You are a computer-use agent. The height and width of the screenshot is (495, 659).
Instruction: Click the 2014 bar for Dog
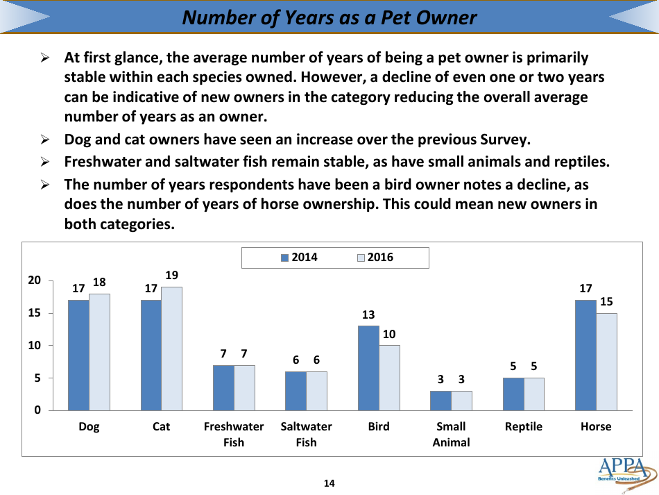tap(78, 355)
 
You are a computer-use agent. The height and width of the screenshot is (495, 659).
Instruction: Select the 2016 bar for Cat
tap(171, 349)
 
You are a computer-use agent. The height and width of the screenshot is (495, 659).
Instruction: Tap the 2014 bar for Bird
tap(368, 368)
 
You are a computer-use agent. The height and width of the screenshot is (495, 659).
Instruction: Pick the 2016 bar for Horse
tap(606, 362)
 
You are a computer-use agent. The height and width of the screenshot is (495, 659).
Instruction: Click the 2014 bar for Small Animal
tap(440, 401)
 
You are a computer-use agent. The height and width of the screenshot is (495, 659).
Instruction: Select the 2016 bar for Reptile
tap(534, 394)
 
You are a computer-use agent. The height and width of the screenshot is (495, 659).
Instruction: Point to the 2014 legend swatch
tap(284, 258)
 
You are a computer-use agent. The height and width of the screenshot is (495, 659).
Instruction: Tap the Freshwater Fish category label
tap(234, 434)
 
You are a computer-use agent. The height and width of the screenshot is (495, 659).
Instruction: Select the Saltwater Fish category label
tap(306, 434)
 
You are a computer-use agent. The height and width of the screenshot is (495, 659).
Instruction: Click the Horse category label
tap(596, 426)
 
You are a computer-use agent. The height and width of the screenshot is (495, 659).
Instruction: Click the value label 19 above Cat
tap(171, 275)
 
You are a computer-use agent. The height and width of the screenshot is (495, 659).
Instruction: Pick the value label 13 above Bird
tap(368, 314)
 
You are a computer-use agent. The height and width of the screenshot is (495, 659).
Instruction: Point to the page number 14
tap(329, 483)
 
